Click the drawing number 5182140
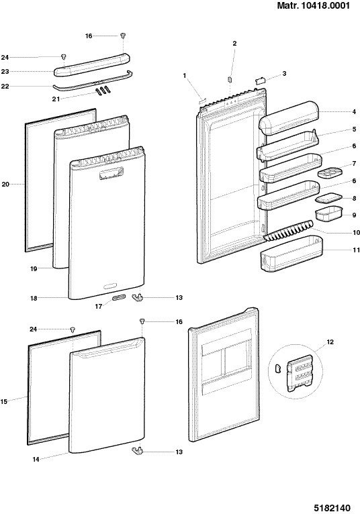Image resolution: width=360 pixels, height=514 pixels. coord(332,508)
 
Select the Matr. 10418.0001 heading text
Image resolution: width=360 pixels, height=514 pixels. coord(314,5)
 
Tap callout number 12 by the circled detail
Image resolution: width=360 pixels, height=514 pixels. coord(330,342)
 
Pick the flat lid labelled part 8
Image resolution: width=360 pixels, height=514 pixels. coord(328,198)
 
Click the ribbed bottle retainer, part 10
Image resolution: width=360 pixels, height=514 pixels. coord(288,231)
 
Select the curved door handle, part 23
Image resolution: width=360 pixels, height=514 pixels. coord(92,65)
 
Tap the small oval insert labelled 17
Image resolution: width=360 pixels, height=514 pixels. coord(119,297)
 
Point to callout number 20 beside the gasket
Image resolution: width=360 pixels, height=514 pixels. coord(5,185)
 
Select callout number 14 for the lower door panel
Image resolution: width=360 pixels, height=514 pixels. coord(36,460)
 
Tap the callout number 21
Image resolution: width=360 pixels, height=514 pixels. coord(56,99)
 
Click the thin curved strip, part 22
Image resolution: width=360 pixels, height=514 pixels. coord(93,81)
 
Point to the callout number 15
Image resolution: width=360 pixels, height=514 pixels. coord(3,401)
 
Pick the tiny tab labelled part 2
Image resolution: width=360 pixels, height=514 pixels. coord(230,79)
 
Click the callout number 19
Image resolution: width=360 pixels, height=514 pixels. coord(34,269)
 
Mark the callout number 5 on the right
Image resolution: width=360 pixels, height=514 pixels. coord(355,129)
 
